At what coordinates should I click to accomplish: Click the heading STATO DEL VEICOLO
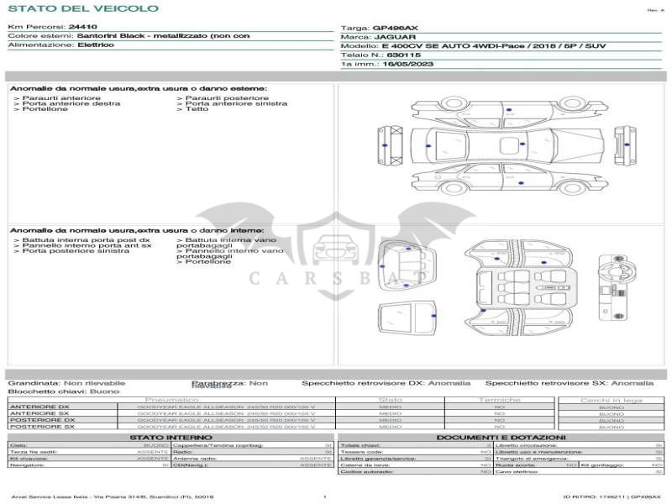pyautogui.click(x=82, y=8)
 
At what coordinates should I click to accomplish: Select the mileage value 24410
pyautogui.click(x=82, y=27)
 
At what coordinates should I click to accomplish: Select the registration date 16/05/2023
pyautogui.click(x=407, y=64)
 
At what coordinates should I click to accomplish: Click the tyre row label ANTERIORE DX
pyautogui.click(x=39, y=407)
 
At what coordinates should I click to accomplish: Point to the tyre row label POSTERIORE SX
pyautogui.click(x=41, y=427)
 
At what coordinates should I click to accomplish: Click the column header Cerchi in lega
pyautogui.click(x=611, y=400)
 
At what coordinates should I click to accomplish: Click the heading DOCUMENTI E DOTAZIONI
pyautogui.click(x=501, y=437)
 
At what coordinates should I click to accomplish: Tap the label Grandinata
pyautogui.click(x=34, y=382)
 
